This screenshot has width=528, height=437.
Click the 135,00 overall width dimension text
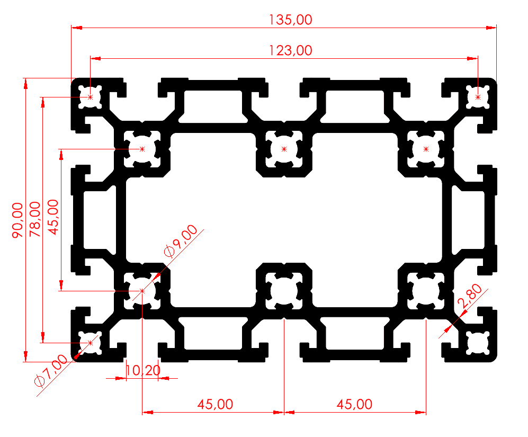(290, 20)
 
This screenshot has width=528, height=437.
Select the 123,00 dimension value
(290, 50)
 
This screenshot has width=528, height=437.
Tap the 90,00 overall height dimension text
(17, 220)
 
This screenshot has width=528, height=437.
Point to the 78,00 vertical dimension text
(35, 220)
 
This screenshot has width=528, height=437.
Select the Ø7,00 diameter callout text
(50, 371)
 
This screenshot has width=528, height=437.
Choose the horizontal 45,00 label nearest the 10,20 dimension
(215, 404)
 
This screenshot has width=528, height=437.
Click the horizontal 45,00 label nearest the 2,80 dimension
(354, 404)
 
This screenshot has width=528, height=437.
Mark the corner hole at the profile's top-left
(91, 97)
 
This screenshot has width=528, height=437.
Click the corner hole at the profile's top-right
(478, 97)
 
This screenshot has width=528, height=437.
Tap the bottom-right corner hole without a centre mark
(478, 343)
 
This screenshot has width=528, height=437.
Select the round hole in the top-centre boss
(284, 149)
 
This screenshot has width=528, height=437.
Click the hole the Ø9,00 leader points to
(142, 291)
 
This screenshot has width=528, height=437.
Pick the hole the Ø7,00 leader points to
(91, 343)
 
